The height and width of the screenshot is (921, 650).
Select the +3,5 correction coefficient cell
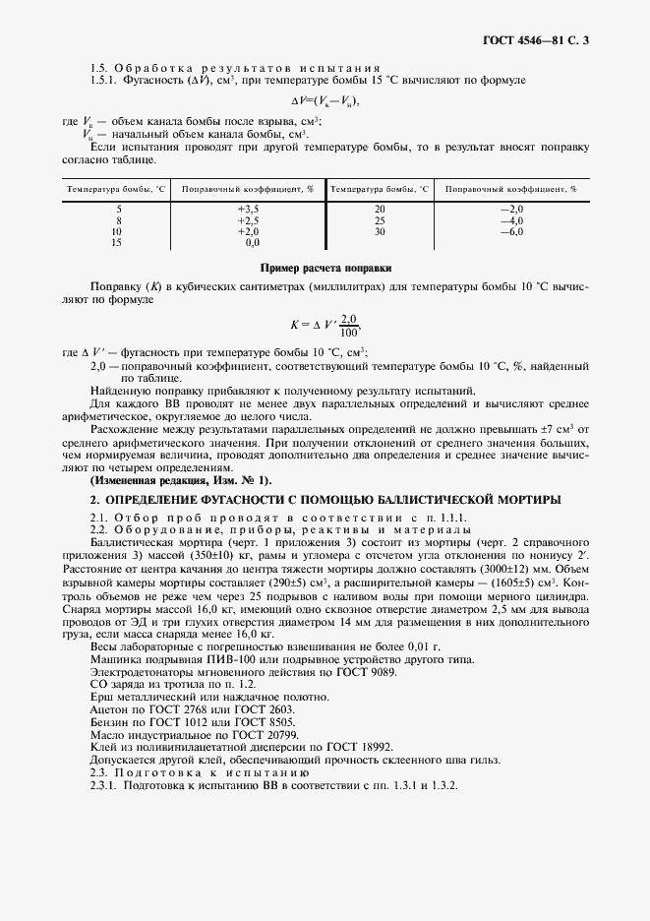(x=247, y=210)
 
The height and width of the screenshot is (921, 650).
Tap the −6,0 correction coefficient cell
(x=512, y=231)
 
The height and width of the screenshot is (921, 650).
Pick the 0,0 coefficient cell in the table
(x=251, y=242)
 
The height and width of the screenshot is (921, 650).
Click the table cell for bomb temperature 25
(x=380, y=220)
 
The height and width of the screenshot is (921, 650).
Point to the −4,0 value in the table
(x=512, y=220)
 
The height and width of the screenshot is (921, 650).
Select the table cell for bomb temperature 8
(x=118, y=220)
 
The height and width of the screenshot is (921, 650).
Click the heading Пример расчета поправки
(x=325, y=268)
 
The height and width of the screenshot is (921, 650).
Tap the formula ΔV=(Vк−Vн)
(x=325, y=102)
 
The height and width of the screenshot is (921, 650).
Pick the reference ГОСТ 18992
(x=330, y=749)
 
